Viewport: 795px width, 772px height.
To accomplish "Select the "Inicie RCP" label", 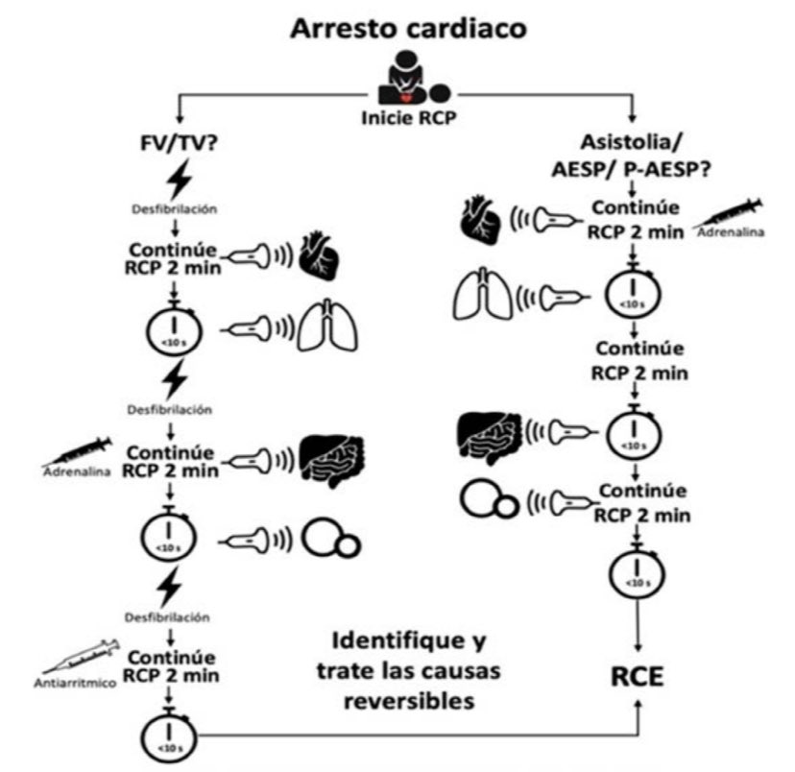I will point(407,118).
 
